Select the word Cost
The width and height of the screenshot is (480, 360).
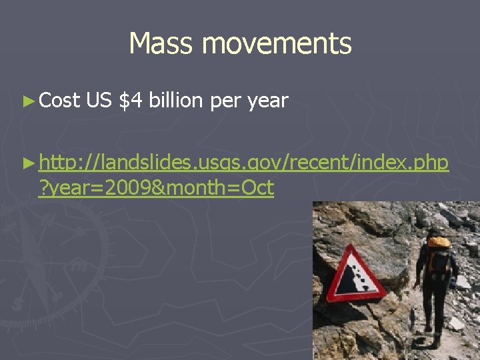60,101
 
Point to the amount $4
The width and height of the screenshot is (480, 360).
131,101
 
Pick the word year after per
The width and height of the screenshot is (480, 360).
267,102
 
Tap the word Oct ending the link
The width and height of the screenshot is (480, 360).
257,188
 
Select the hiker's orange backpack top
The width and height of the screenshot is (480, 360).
438,242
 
